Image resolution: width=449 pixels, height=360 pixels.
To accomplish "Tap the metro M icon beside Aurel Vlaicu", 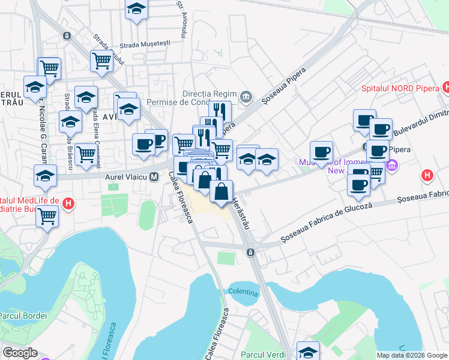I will coord(154,178).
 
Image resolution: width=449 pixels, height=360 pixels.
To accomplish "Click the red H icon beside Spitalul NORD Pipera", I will coord(446,88).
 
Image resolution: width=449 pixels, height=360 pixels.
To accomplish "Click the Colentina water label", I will coord(243,293).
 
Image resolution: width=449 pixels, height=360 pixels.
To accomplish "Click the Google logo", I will coord(20,353).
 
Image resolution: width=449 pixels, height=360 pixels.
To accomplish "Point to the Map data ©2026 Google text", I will coord(412,355).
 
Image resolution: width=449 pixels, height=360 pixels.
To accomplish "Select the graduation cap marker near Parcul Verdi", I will coord(309,351).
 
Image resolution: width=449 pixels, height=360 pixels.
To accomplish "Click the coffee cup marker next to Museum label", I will coord(321,151).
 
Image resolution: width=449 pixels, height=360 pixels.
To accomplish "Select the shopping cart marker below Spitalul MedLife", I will coord(47,215).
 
